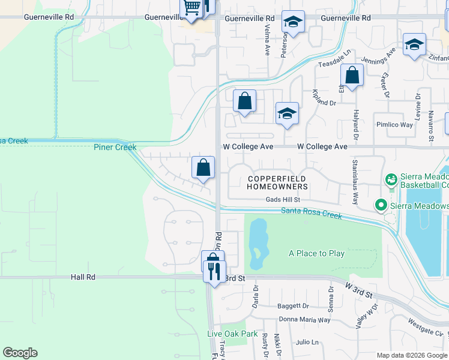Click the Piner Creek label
(x=115, y=147)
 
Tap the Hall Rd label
(x=83, y=277)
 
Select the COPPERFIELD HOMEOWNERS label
(x=277, y=183)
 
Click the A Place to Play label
(x=317, y=253)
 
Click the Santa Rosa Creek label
(x=312, y=212)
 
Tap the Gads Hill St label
(x=283, y=200)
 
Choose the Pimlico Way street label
(x=394, y=125)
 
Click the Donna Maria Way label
(x=305, y=320)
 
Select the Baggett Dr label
(x=293, y=306)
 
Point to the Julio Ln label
(x=307, y=342)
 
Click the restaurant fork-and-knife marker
(x=214, y=271)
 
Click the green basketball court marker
(x=391, y=179)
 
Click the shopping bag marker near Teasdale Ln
(x=352, y=76)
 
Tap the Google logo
(x=20, y=353)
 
